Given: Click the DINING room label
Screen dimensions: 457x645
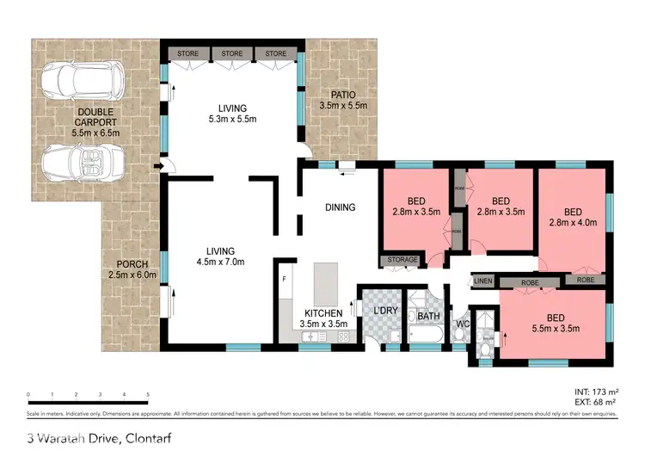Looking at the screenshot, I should (340, 207).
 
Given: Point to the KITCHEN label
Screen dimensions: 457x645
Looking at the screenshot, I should (323, 312).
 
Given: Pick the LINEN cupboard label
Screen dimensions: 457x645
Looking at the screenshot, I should (482, 281).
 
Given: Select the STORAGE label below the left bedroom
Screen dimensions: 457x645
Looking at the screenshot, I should (402, 259).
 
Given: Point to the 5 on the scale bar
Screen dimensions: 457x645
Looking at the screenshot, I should (148, 393).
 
